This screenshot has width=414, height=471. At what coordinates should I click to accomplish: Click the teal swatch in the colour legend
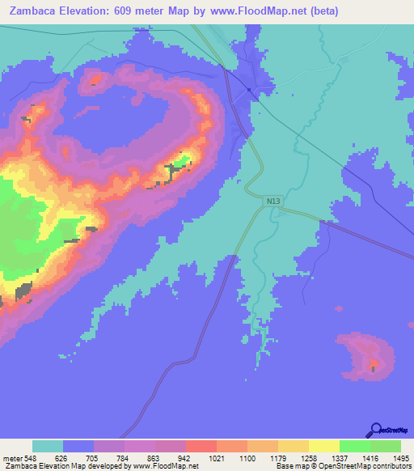point(48,446)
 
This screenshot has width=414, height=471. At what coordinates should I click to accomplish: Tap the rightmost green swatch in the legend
point(385,446)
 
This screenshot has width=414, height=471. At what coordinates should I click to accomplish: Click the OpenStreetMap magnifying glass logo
point(375,429)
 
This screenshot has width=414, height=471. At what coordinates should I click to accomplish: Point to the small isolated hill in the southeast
point(368,354)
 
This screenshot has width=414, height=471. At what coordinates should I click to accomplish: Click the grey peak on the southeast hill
point(373,367)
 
